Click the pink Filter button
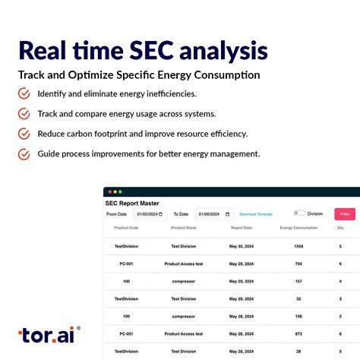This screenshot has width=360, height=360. (345, 214)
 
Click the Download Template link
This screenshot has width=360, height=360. (256, 214)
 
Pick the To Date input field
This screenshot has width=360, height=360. (214, 214)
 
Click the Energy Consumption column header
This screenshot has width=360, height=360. (298, 228)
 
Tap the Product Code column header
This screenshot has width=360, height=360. (126, 228)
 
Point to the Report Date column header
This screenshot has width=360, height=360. (242, 228)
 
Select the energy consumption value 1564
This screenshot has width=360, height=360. (298, 246)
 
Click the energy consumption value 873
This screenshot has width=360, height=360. (298, 333)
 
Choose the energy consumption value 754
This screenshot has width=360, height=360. (298, 264)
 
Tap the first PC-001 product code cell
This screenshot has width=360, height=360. (126, 264)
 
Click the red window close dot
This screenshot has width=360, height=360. (109, 192)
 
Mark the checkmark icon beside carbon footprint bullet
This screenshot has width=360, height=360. (24, 134)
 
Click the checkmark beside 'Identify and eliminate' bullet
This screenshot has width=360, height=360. (24, 94)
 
